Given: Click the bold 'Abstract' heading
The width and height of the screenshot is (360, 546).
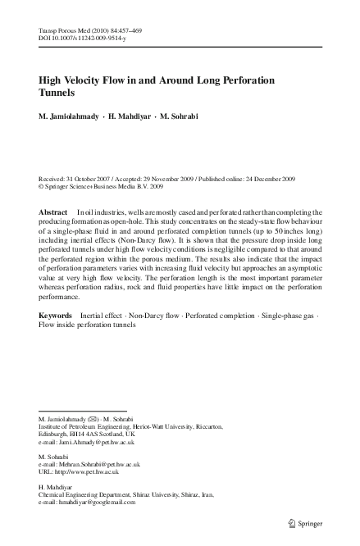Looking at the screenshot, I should (x=53, y=212).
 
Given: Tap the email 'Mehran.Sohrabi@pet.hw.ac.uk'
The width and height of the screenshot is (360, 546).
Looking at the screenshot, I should (x=89, y=464).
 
